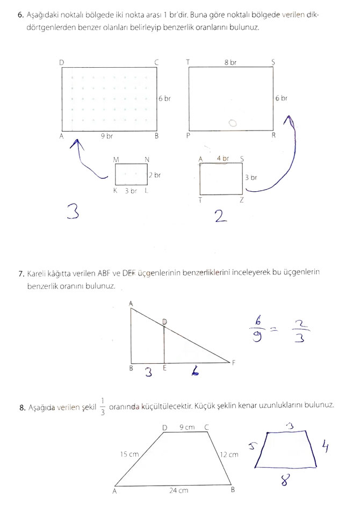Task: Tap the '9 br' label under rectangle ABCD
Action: click(107, 136)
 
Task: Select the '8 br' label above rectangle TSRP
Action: click(230, 63)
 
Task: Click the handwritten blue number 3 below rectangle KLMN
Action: click(73, 212)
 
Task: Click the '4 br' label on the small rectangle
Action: click(222, 158)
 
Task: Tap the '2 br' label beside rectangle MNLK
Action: click(155, 175)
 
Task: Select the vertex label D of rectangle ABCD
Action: click(62, 63)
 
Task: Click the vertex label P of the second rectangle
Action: click(188, 136)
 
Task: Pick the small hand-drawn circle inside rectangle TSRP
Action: click(232, 124)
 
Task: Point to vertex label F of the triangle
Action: click(234, 362)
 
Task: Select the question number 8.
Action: click(22, 408)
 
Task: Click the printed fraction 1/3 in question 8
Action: click(102, 407)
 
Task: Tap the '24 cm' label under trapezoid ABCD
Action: click(179, 490)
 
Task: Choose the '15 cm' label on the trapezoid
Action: click(129, 454)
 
